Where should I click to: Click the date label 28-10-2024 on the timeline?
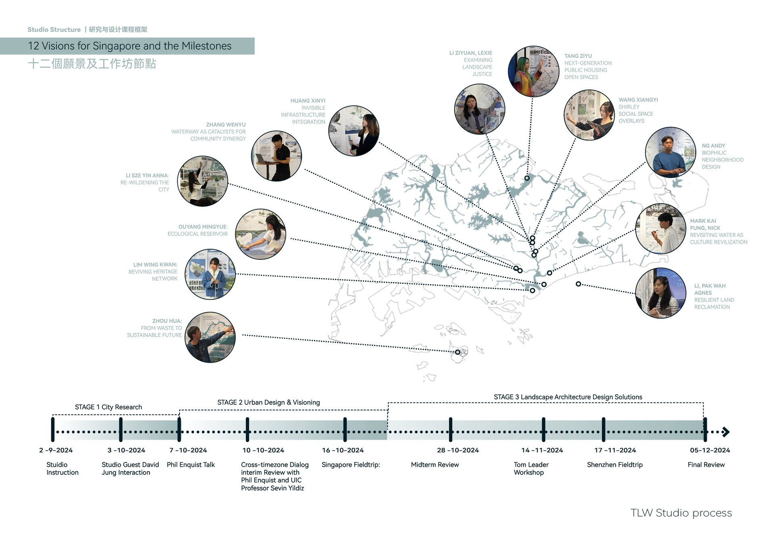pos(458,450)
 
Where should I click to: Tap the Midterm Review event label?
pos(435,464)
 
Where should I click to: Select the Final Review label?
pos(706,464)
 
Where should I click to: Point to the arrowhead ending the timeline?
pos(726,432)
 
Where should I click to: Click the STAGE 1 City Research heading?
pos(108,407)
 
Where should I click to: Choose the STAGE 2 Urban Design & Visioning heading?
pos(268,402)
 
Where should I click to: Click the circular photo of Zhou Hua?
pos(210,337)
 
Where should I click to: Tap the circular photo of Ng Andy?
pos(670,153)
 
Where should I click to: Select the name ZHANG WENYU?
pos(226,125)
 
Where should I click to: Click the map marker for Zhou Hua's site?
pos(457,352)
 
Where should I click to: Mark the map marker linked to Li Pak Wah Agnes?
pos(578,284)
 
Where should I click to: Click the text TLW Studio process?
pos(681,513)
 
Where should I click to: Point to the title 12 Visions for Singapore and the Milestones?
pos(130,46)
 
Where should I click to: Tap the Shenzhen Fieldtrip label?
pos(614,464)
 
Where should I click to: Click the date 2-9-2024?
pos(56,450)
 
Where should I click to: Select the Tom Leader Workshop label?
pos(530,469)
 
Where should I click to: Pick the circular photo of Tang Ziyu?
pos(533,71)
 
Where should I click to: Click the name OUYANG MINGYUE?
pos(203,227)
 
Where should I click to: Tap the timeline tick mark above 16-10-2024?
pos(345,430)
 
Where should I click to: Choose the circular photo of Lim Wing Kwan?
pos(210,274)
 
